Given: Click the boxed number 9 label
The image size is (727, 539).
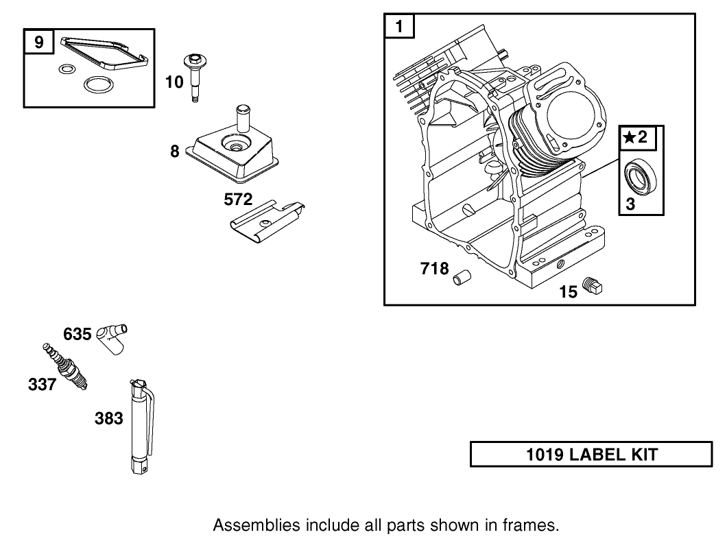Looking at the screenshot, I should [x=39, y=43].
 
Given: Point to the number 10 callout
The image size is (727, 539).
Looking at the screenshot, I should [x=174, y=82].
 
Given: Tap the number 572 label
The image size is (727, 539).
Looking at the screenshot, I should [x=238, y=200].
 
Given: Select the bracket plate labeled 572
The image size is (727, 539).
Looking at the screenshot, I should [x=267, y=220].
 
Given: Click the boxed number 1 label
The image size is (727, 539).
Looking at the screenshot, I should [x=400, y=27].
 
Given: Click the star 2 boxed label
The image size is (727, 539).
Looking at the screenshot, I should [x=637, y=137].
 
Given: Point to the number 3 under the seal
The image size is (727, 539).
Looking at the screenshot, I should [x=630, y=204].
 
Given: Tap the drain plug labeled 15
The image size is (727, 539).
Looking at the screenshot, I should [x=591, y=287].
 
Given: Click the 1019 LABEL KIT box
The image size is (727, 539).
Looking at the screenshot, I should [x=591, y=455].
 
